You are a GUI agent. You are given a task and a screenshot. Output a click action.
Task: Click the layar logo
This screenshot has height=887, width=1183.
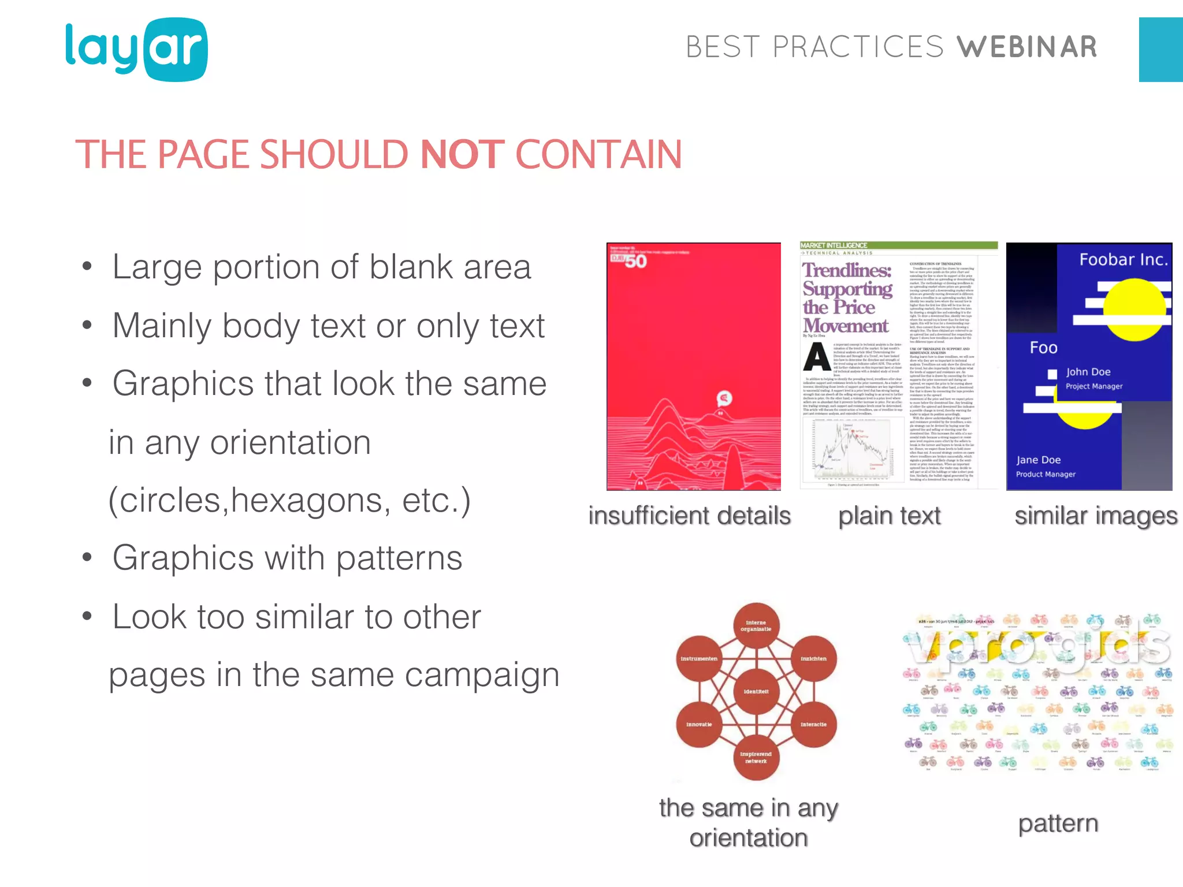tap(136, 50)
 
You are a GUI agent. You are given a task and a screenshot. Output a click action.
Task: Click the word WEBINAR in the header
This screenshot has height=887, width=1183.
tap(1026, 47)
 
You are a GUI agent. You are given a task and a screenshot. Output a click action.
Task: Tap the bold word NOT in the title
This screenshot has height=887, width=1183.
tap(463, 155)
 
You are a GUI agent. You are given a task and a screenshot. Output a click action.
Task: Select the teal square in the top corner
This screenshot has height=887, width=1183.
tap(1160, 50)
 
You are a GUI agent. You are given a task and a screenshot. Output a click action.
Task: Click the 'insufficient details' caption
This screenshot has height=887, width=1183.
tap(689, 516)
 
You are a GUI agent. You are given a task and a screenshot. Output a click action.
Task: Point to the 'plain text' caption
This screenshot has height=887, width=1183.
tap(889, 516)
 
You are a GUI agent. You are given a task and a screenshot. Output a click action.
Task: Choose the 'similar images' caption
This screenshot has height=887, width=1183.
tap(1095, 516)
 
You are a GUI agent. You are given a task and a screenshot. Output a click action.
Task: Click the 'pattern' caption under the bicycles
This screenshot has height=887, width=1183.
tap(1058, 823)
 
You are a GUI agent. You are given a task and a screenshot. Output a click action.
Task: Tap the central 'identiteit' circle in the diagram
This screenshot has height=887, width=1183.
tap(756, 691)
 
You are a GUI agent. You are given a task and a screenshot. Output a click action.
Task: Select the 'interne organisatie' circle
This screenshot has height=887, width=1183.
tap(756, 626)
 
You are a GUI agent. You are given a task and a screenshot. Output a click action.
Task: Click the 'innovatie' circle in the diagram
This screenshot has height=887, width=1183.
tap(699, 724)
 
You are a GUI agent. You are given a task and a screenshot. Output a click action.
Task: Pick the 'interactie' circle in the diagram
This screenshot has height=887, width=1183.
tap(813, 724)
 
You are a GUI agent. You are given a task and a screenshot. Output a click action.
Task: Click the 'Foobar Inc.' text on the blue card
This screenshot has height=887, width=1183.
tap(1124, 260)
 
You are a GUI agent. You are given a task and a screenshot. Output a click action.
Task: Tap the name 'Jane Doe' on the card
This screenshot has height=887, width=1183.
tap(1038, 460)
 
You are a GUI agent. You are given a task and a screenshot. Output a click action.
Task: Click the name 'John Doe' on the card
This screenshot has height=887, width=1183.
tap(1088, 372)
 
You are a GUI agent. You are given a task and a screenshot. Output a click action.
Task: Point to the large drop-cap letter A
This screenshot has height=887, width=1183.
tap(817, 357)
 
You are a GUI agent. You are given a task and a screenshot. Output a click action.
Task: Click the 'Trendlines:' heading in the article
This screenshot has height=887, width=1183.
tap(847, 270)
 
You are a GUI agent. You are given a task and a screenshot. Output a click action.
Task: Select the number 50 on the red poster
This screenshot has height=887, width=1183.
tap(635, 262)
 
